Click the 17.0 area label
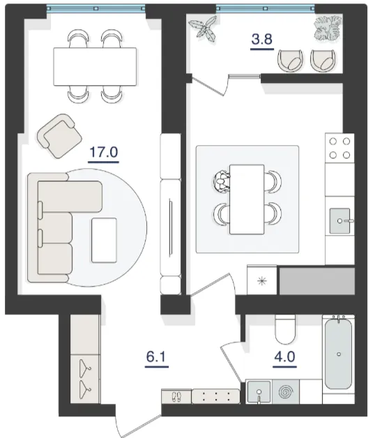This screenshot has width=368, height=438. coord(104,152)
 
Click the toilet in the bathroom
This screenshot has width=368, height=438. coord(285,329)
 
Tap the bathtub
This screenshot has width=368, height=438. coord(339,354)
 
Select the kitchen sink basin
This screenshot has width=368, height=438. coord(339,220)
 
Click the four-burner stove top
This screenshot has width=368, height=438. coord(339,148)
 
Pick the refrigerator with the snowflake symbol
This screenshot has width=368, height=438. coord(262,280)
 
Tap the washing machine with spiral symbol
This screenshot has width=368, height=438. coord(285,392)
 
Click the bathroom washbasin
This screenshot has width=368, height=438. coord(259,392)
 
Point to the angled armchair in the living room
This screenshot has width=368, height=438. coord(59,136)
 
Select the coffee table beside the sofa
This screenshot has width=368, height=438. coord(104,240)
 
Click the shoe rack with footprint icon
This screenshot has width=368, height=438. coord(176,396)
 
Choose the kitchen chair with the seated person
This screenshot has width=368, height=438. coord(222,181)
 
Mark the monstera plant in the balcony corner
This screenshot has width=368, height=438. coord(328,28)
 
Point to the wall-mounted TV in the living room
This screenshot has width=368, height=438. coord(171,227)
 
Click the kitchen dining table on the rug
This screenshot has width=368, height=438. coord(247,199)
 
